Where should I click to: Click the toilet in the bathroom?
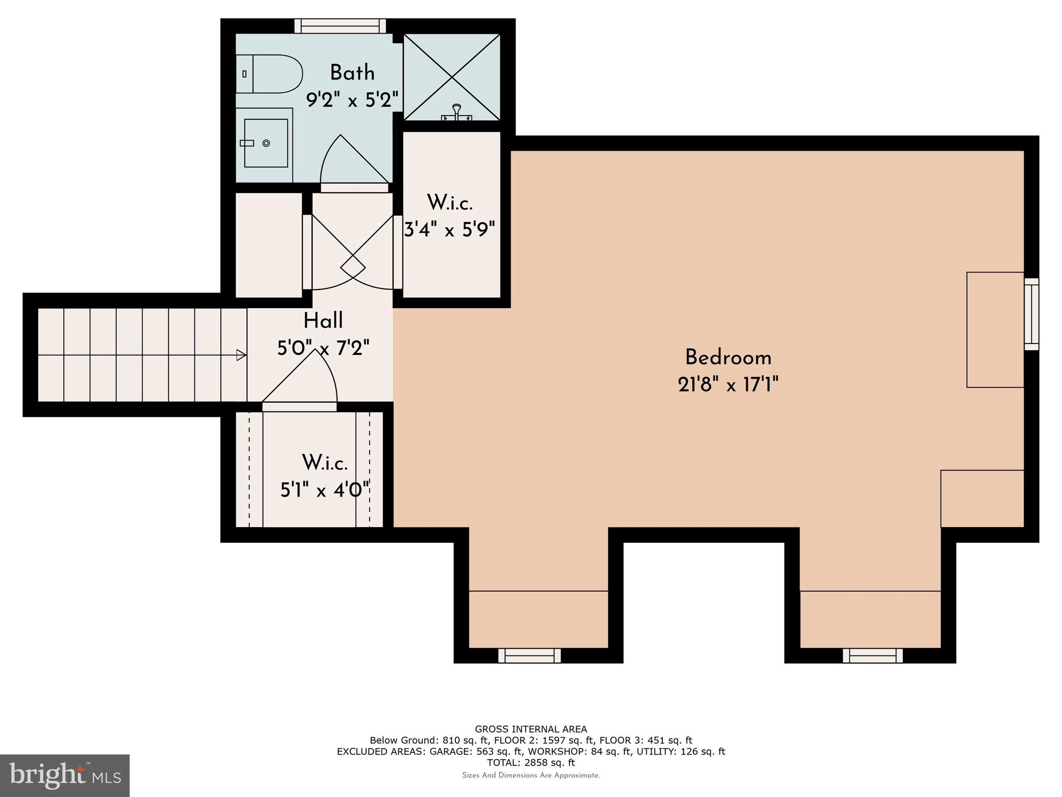pos(270,74)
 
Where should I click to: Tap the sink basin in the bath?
pos(265,143)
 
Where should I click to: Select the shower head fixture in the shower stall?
pos(456,112)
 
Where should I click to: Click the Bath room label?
pos(352,73)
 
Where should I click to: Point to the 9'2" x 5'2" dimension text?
pos(352,100)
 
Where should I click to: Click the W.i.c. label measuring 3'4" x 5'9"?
pos(450,203)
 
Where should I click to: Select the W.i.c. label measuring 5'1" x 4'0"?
pos(325,462)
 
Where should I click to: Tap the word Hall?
pos(323,321)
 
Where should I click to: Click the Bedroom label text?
pos(728,358)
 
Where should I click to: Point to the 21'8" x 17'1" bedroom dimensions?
pos(728,385)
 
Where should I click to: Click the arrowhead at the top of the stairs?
pos(241,355)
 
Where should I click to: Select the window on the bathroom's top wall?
pos(340,26)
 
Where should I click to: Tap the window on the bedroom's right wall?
pos(1031,314)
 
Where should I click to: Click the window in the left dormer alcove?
pos(529,655)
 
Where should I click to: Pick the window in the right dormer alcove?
pos(872,655)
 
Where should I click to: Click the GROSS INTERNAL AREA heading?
pos(530,729)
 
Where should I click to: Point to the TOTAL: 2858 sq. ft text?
pos(530,762)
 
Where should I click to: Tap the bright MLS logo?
pos(65,775)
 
